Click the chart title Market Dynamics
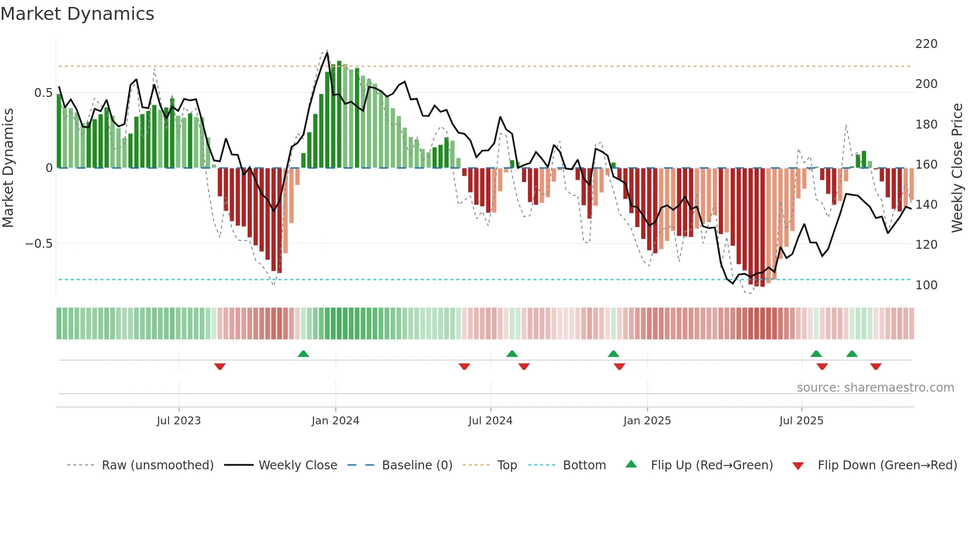coord(77,14)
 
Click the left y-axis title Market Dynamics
coord(8,168)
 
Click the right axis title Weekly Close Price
coord(958,168)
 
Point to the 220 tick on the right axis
coord(926,44)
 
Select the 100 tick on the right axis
coord(926,285)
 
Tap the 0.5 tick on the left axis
coord(43,93)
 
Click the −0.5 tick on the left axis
coord(39,244)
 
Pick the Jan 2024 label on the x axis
coord(335,421)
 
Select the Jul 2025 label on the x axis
coord(801,421)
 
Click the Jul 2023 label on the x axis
coord(178,421)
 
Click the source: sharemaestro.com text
coord(875,388)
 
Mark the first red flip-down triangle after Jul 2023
coord(220,366)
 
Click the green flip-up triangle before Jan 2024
coord(303,354)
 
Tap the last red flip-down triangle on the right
coord(876,366)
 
